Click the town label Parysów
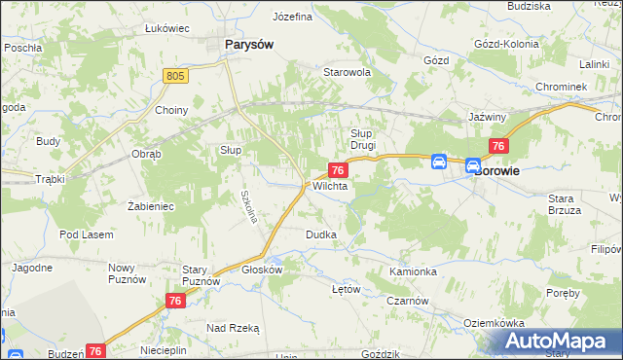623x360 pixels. point(248,44)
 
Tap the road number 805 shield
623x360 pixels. point(175,74)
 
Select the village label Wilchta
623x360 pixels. point(330,185)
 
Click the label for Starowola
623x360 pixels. point(348,72)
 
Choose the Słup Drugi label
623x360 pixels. point(363,139)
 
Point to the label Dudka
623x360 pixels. point(321,234)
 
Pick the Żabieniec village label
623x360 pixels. point(150,206)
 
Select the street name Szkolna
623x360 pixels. point(249,205)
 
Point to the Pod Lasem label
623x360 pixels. point(86,234)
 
